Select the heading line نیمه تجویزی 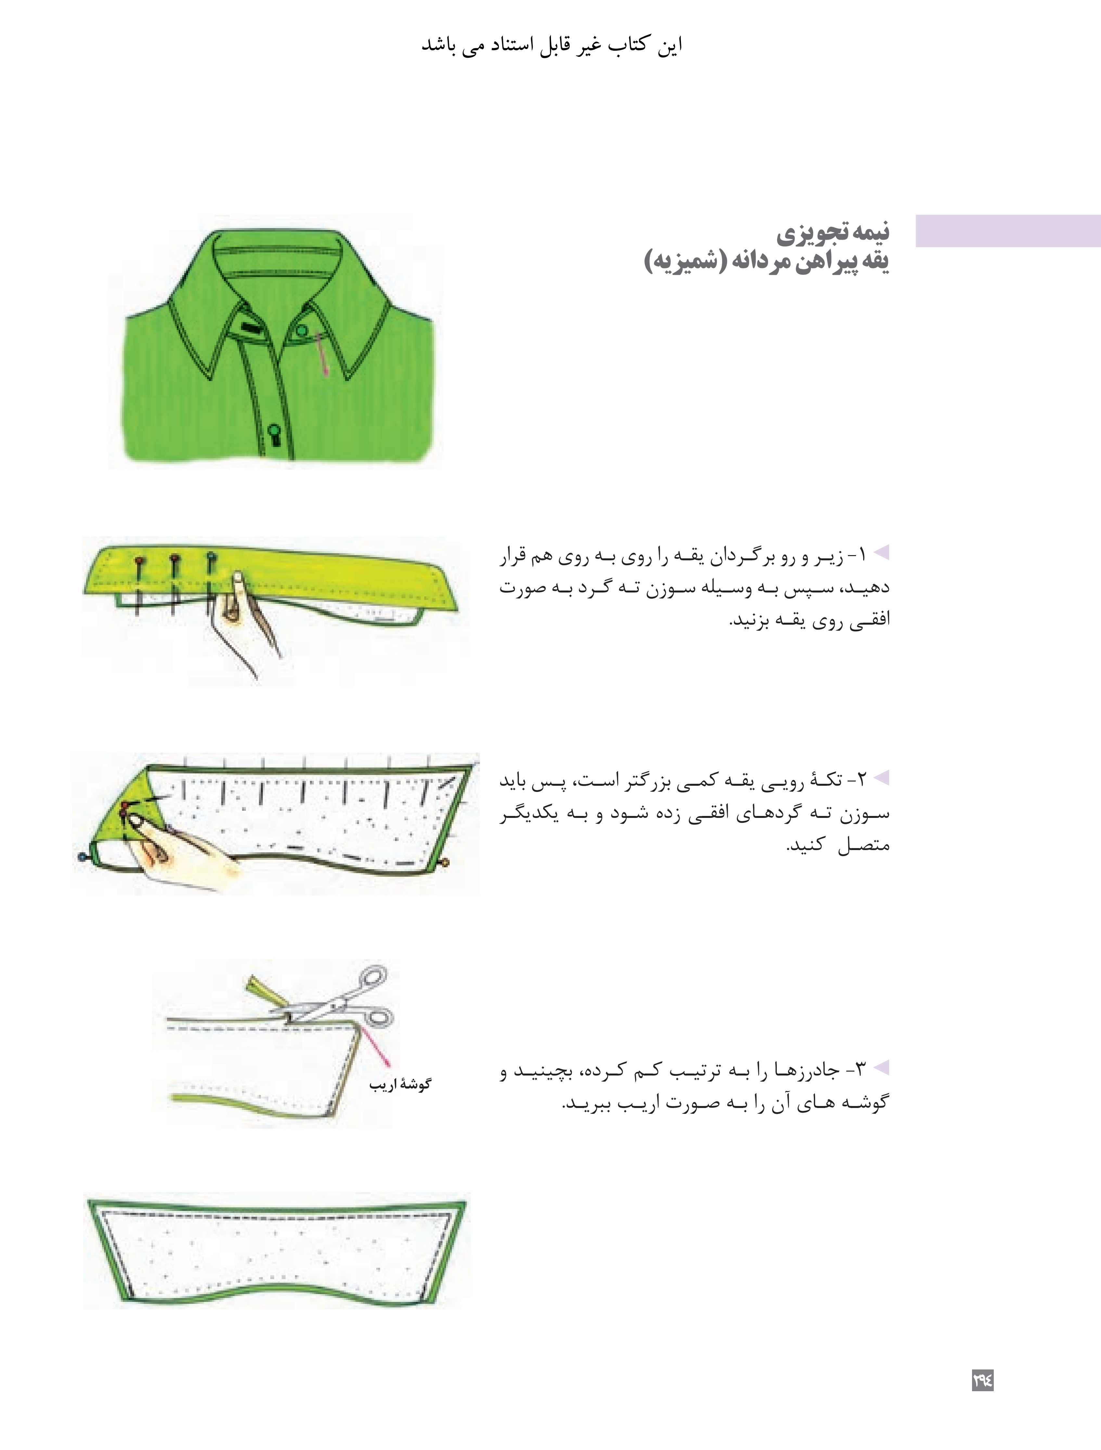[833, 232]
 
